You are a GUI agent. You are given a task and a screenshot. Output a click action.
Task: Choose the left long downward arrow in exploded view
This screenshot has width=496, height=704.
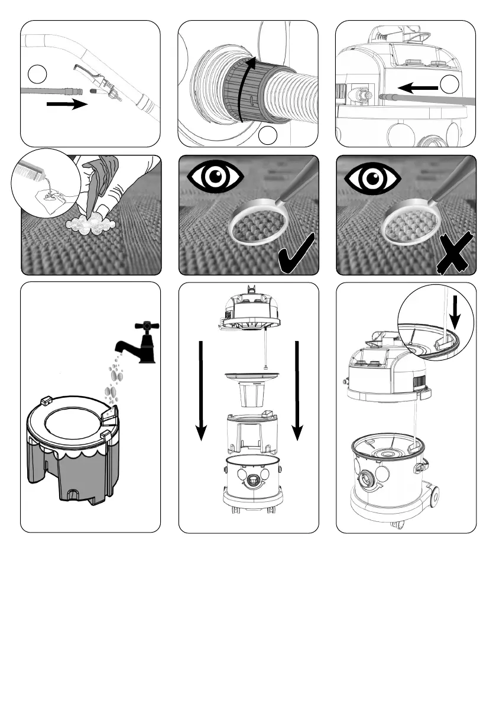pyautogui.click(x=202, y=390)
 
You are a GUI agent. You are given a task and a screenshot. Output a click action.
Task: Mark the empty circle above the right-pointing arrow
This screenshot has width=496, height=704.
pyautogui.click(x=37, y=74)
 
